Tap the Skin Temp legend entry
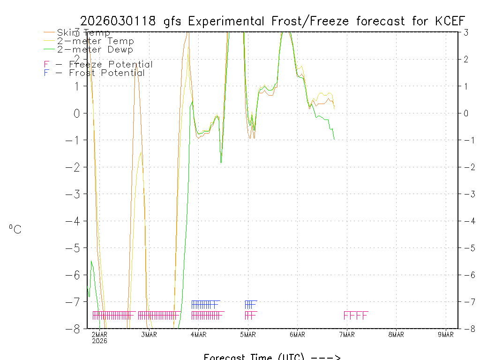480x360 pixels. pos(83,32)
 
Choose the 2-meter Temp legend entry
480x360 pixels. pos(95,41)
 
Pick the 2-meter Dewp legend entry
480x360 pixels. pos(95,49)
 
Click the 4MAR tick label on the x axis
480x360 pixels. pos(198,334)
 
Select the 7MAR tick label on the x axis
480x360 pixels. pos(347,334)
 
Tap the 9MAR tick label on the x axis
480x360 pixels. pos(446,334)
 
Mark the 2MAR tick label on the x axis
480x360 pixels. pos(99,334)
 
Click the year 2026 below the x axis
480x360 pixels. pos(99,341)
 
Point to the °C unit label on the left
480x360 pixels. pos(15,229)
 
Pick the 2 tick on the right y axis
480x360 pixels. pos(466,59)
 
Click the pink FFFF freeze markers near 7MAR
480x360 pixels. pos(356,315)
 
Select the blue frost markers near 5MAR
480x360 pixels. pos(251,304)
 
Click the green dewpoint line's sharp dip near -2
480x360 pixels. pos(221,162)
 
